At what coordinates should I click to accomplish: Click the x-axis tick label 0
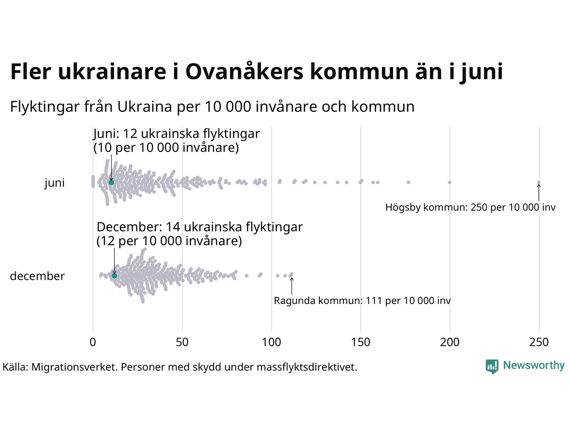point(93,342)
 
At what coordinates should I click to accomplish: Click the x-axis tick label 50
point(182,342)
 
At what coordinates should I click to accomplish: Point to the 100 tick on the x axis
point(271,342)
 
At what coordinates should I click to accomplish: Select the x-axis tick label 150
point(360,342)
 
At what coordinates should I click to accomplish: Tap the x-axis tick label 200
point(450,342)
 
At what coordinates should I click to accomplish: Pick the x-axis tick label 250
point(539,342)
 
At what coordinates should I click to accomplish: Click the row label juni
point(54,183)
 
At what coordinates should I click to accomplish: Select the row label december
point(37,276)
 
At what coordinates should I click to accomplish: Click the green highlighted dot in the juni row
point(112,182)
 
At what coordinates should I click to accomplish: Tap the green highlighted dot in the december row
point(114,276)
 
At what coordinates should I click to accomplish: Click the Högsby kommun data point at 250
point(539,182)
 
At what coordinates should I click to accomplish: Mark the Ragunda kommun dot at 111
point(292,274)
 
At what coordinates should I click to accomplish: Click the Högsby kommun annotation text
point(470,207)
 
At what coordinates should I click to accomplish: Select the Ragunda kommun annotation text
point(362,300)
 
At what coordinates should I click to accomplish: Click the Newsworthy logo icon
point(492,366)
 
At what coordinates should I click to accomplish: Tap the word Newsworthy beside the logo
point(534,366)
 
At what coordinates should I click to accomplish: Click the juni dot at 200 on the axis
point(450,182)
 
